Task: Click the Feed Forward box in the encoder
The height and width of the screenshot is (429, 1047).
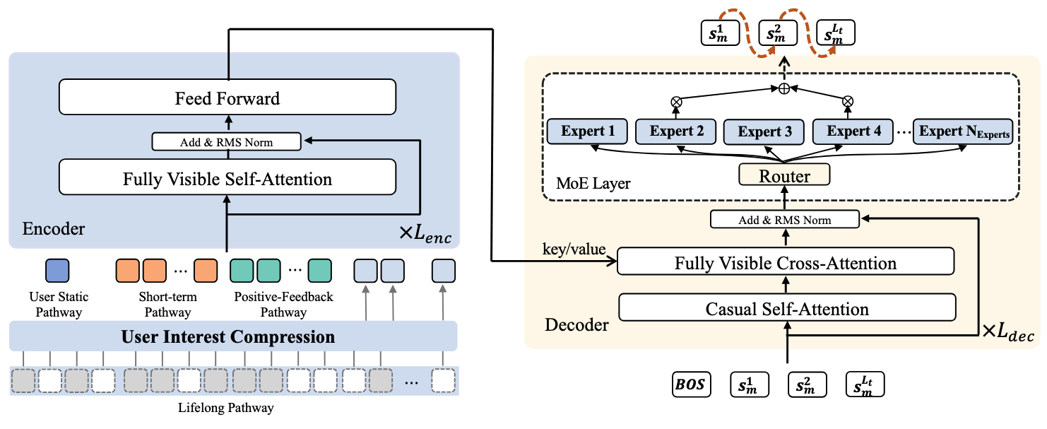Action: tap(227, 98)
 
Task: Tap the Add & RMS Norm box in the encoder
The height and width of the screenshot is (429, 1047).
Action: tap(227, 142)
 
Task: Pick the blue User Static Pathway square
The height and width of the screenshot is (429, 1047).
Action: tap(57, 271)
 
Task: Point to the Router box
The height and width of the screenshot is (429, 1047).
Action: tap(784, 175)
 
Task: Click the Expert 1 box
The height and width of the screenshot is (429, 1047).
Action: tap(587, 131)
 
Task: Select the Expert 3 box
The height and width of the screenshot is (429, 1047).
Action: tap(764, 131)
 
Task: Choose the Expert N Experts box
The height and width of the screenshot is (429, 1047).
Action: tap(962, 131)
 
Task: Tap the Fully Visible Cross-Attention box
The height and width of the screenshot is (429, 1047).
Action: tap(785, 263)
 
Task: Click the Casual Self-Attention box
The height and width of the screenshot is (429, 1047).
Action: tap(787, 308)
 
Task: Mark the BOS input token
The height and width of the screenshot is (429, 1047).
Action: tap(691, 386)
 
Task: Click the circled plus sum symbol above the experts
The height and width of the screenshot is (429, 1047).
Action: tap(783, 89)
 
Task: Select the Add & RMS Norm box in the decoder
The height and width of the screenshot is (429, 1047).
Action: tap(784, 220)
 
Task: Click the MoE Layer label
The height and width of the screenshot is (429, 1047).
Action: tap(593, 184)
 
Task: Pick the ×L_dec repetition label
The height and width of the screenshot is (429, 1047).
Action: tap(1008, 331)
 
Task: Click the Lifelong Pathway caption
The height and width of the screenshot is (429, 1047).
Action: tap(227, 408)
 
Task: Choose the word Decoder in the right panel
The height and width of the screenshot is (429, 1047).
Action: tap(576, 324)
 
